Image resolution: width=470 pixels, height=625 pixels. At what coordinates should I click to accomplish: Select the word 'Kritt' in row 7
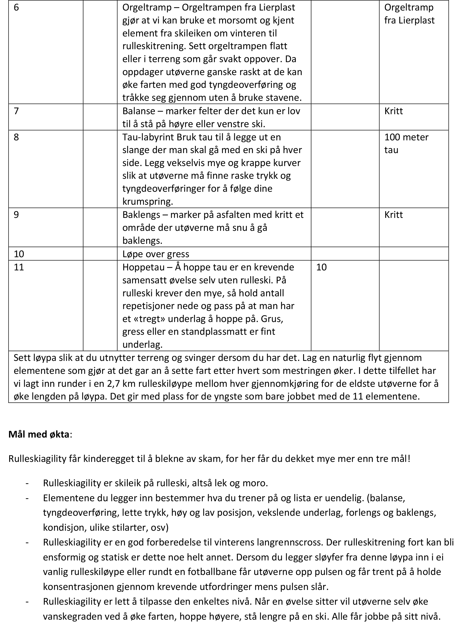coord(393,111)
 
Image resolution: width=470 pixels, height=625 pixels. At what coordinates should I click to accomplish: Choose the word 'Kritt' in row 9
coord(393,215)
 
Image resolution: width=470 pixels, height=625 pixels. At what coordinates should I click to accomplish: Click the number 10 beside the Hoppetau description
coord(321,267)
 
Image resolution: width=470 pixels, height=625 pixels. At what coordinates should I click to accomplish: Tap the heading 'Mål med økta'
coord(39,434)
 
